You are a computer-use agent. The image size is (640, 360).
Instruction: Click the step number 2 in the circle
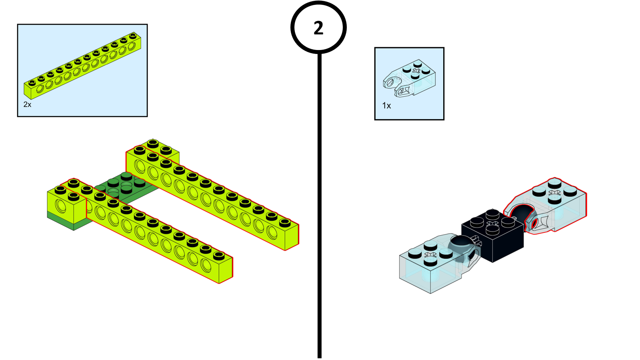coord(318,28)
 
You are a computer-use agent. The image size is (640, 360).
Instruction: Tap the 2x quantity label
coord(27,104)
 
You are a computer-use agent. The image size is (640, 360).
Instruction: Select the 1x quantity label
coord(386,106)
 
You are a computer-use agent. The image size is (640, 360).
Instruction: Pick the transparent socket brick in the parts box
coord(410,78)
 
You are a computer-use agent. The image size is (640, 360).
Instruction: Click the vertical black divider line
coord(319,200)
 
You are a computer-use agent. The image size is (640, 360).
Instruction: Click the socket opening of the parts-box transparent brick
coord(390,82)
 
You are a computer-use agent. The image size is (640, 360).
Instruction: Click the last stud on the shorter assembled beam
coord(218,255)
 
